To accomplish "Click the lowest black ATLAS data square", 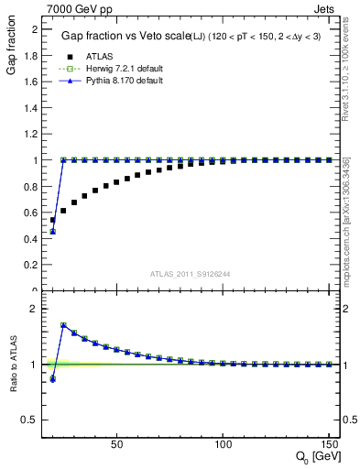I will pos(52,220).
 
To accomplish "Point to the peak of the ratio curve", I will pos(63,325).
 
